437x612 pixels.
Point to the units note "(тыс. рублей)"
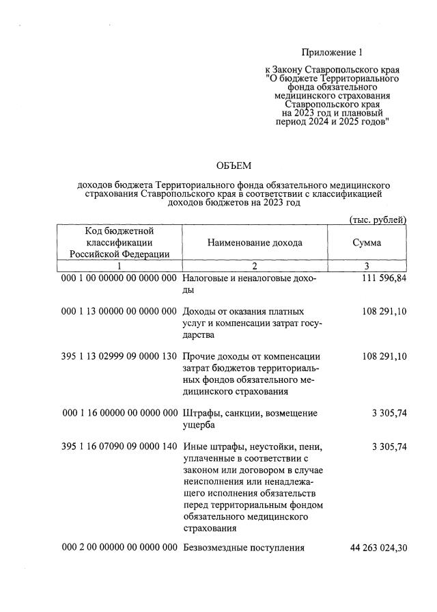tap(378, 219)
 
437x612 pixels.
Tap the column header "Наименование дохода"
tap(255, 243)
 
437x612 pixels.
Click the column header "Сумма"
tap(367, 243)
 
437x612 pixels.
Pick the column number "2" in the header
tap(255, 267)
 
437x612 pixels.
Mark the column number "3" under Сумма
tap(367, 267)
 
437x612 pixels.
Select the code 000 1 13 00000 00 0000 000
tap(119, 311)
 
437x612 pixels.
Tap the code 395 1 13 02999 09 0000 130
tap(119, 356)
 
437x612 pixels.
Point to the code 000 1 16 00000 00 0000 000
tap(119, 413)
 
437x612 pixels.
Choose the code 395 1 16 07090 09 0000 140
tap(119, 447)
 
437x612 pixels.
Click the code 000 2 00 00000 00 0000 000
tap(119, 548)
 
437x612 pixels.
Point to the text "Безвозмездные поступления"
tap(244, 548)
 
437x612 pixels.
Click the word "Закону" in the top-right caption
tap(287, 70)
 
